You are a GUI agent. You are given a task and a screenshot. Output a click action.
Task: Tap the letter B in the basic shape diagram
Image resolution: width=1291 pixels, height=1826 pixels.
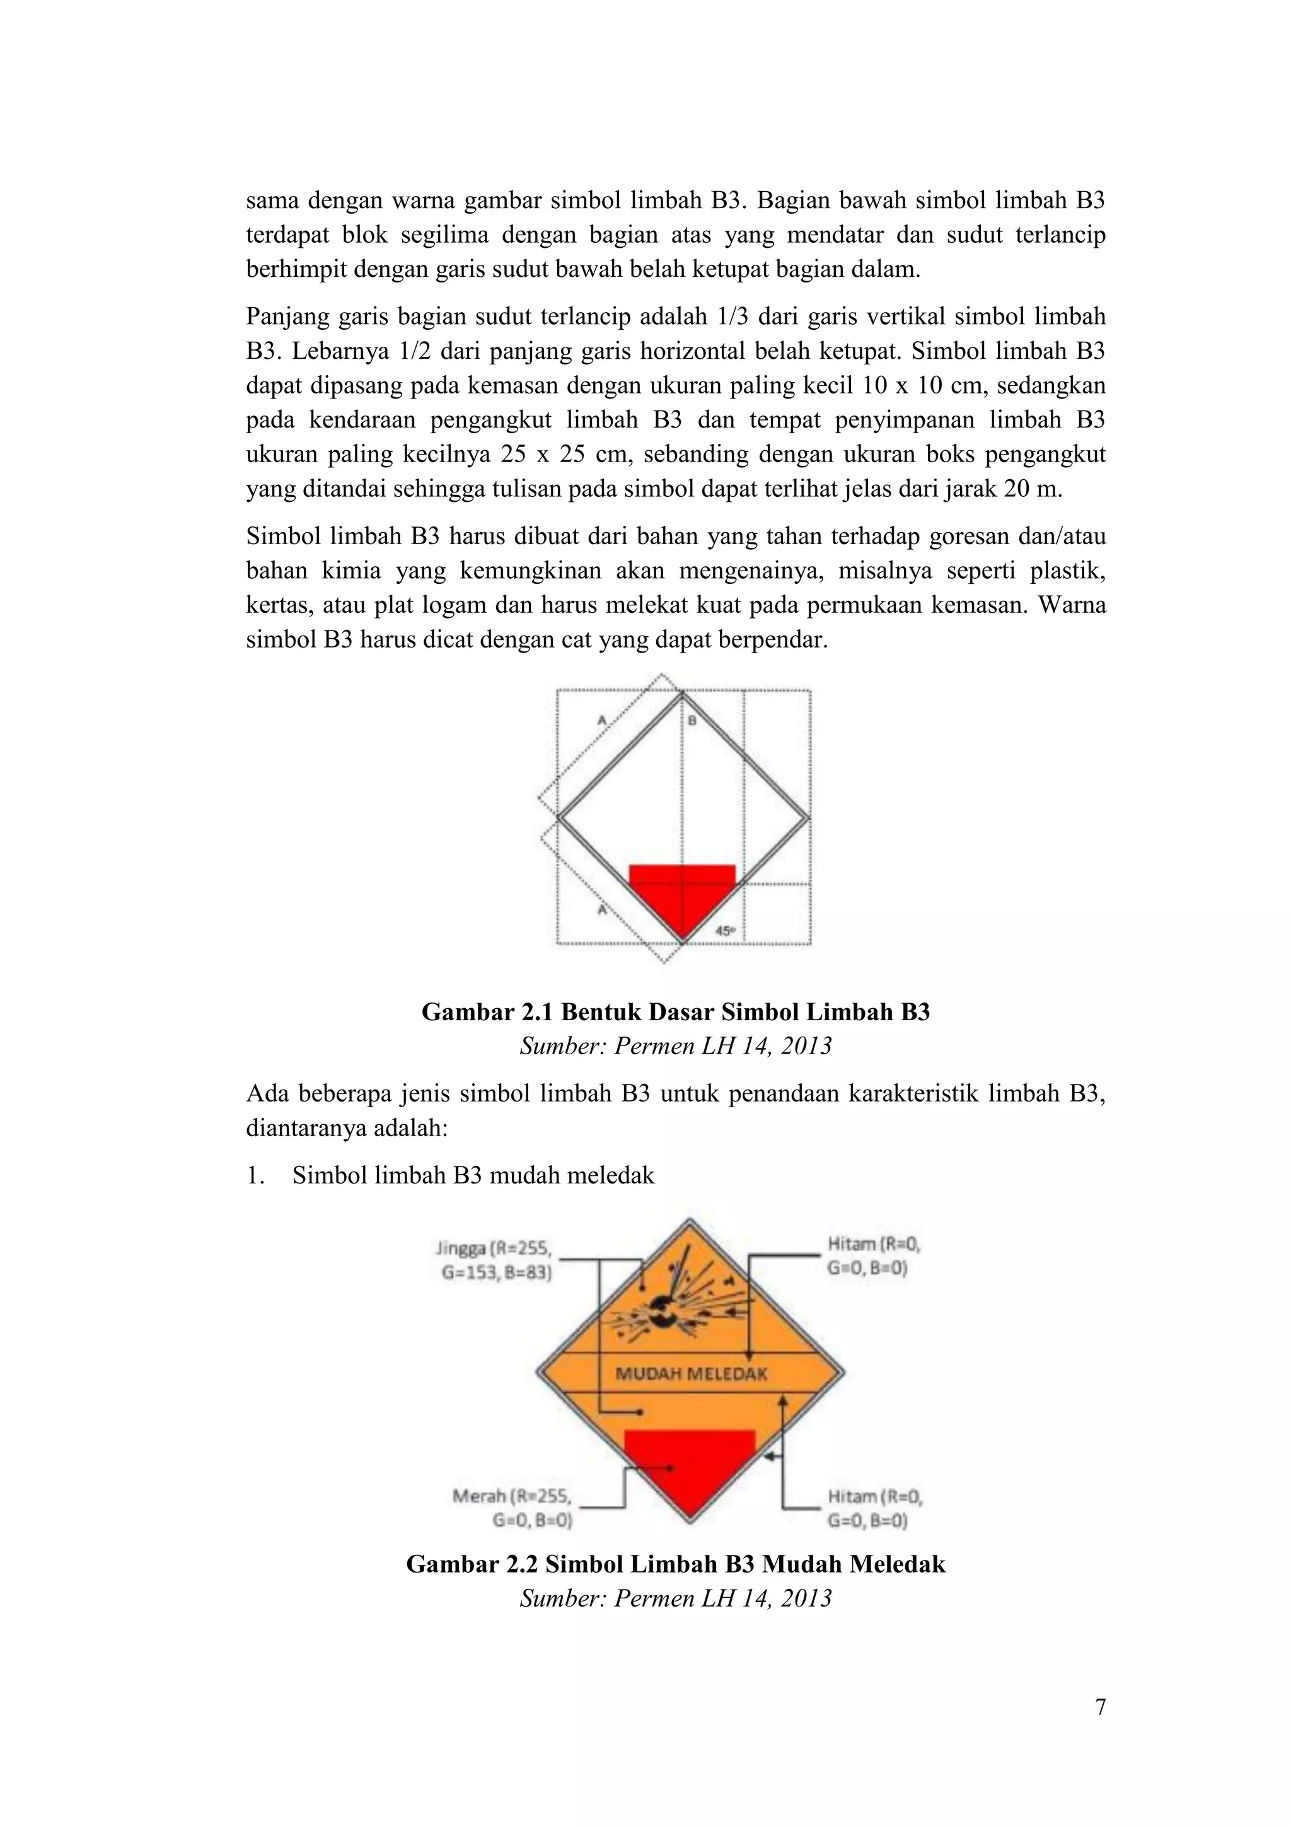692,721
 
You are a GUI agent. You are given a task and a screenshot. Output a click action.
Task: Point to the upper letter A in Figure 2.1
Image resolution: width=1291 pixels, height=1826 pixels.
602,721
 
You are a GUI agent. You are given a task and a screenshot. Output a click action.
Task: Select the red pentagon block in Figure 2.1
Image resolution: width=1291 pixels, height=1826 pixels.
682,895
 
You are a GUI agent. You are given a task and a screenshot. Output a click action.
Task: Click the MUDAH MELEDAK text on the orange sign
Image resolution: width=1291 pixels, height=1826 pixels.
692,1373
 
